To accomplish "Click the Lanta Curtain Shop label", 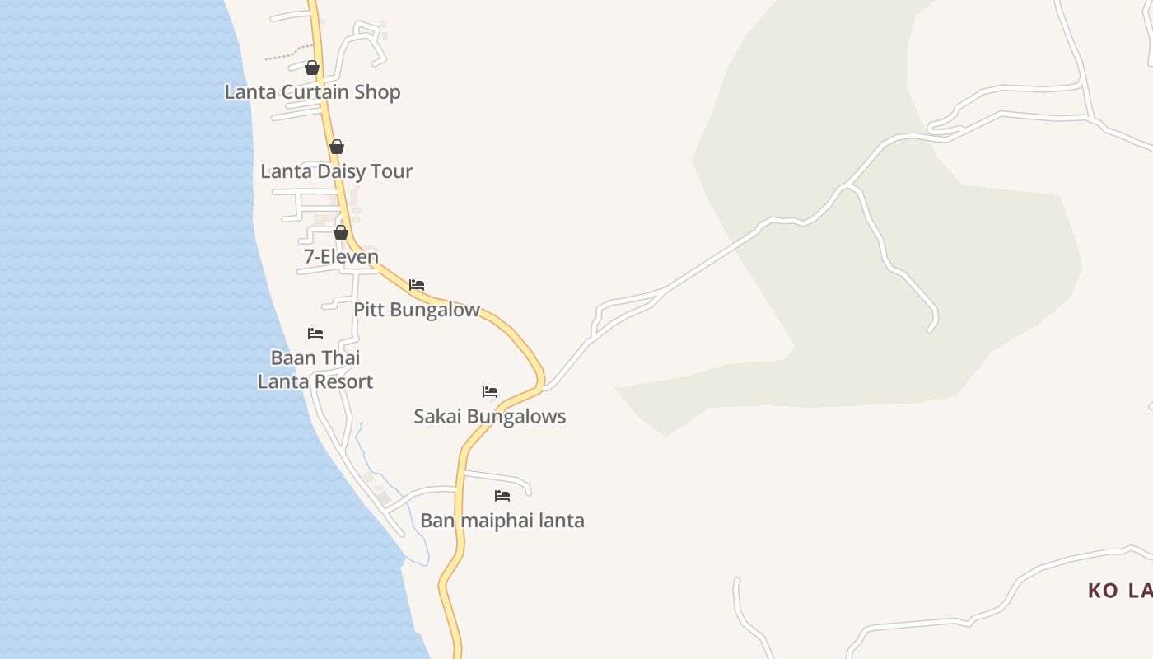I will click(312, 91).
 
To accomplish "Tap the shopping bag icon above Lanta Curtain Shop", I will click(312, 68).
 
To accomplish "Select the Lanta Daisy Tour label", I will click(336, 171).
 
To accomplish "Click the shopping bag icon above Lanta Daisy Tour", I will click(337, 147).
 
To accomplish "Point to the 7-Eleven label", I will click(341, 256).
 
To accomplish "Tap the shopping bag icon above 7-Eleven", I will click(341, 232).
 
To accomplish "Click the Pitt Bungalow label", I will click(417, 310).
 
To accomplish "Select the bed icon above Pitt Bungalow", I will click(417, 285).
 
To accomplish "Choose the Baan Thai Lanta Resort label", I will click(315, 370).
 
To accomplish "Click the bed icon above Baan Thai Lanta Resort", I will click(315, 334).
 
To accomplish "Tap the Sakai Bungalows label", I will click(489, 416).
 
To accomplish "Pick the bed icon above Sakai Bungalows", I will click(490, 391).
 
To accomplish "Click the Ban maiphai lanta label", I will click(502, 521).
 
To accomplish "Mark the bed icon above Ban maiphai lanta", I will click(502, 496).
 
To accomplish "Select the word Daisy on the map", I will click(341, 171).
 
